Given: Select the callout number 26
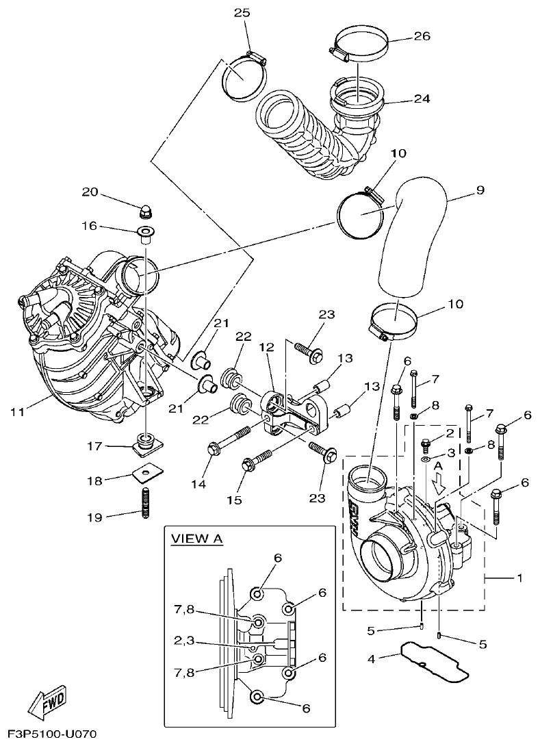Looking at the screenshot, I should (422, 36).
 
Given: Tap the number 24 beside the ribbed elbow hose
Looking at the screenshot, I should (422, 99).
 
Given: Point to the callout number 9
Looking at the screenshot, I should (480, 190).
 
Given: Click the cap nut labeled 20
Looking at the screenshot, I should (145, 208).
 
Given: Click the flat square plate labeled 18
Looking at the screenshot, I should (145, 474).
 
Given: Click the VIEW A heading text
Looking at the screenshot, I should (197, 539).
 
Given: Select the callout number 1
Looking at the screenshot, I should (519, 578).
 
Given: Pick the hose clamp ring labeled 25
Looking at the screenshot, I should (242, 77).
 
